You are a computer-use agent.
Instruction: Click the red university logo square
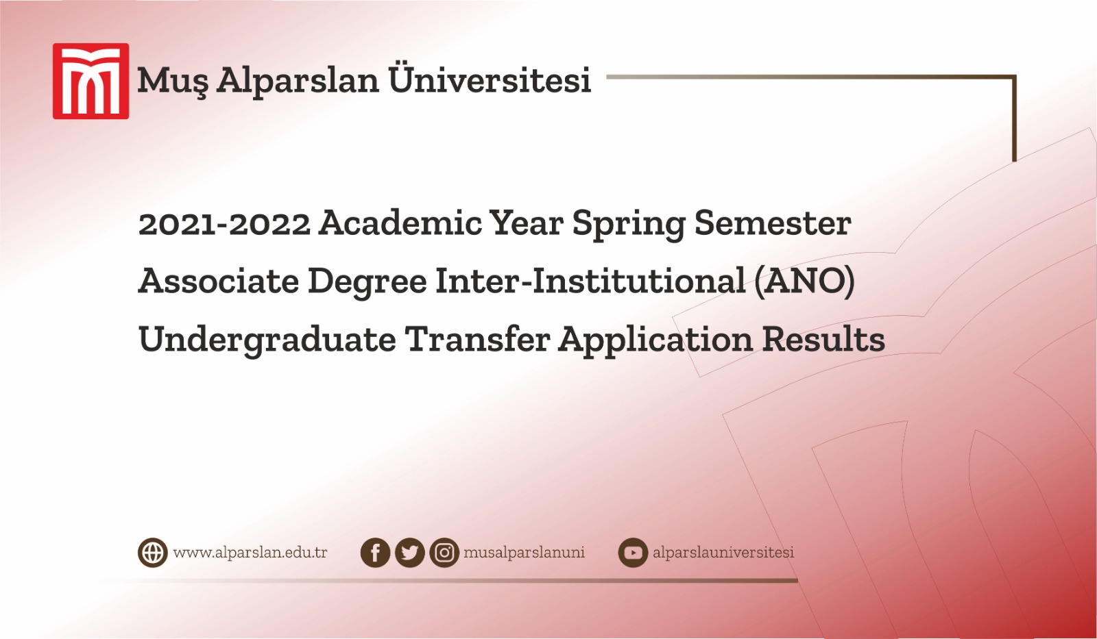[91, 81]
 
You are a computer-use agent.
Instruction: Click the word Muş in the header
[172, 81]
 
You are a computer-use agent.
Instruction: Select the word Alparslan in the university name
[298, 81]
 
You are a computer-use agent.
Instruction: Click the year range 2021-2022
[224, 224]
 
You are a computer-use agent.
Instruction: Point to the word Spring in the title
[628, 225]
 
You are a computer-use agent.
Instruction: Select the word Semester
[772, 223]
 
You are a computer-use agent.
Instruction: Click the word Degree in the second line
[367, 281]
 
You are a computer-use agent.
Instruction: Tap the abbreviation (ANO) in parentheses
[804, 281]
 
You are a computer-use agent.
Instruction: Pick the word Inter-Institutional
[590, 281]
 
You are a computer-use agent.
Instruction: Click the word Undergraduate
[267, 340]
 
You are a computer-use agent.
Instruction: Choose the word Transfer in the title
[477, 339]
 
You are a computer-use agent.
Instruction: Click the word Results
[823, 339]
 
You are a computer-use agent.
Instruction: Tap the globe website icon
[152, 553]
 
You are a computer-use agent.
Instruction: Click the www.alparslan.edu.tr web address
[250, 553]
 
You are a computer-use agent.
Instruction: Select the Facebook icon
[375, 553]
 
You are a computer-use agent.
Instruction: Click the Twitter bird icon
[410, 553]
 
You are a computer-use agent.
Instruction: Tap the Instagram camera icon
[444, 553]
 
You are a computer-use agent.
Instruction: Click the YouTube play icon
[633, 553]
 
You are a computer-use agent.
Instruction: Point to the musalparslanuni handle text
[524, 553]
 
